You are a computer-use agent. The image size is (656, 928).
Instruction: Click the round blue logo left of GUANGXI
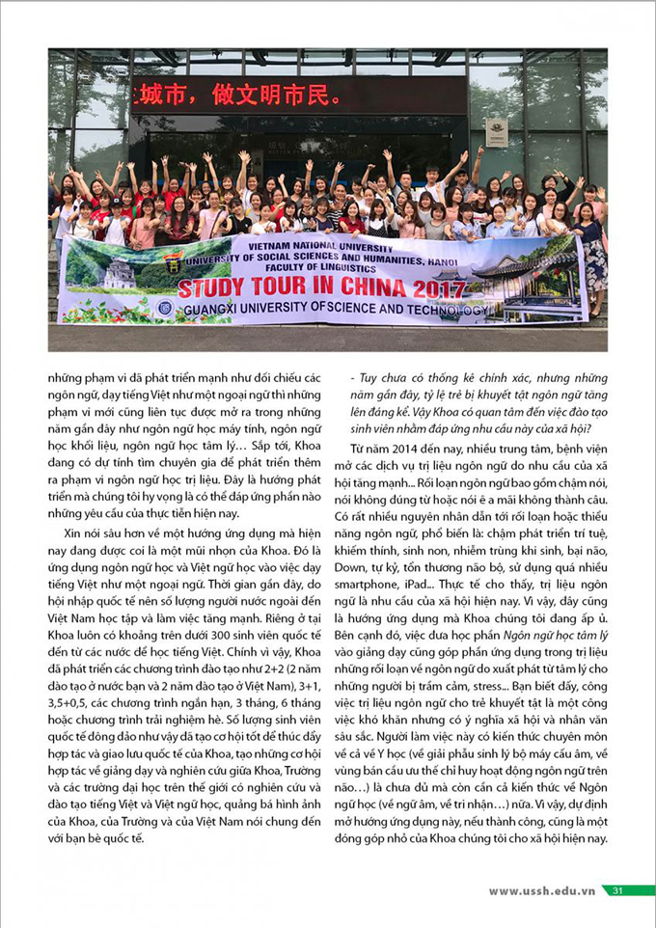164,310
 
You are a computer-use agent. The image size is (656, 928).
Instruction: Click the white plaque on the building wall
497,132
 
